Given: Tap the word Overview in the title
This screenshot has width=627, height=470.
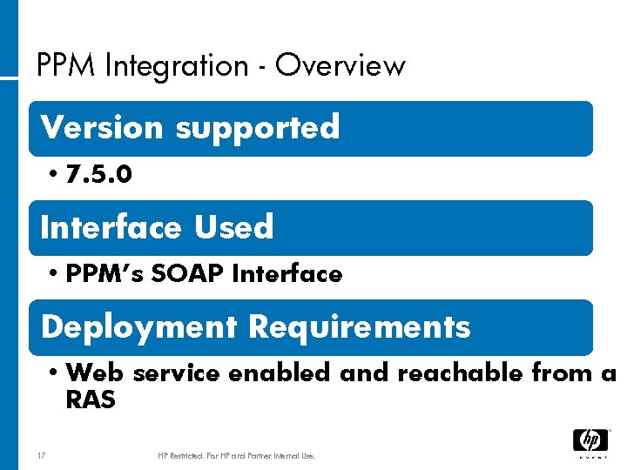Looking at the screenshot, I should pos(340,66).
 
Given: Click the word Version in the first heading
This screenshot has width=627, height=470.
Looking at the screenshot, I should pos(102,128).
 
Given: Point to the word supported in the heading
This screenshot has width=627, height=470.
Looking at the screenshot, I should pos(257,128).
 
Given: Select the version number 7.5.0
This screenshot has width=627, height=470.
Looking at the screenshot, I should pos(98,175).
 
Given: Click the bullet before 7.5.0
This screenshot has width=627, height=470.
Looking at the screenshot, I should pos(54,175).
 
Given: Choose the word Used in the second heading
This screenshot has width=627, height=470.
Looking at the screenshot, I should pos(233,228).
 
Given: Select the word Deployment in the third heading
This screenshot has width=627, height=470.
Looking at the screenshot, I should pos(138,327).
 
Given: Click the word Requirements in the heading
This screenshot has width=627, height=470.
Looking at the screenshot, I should pos(359,327).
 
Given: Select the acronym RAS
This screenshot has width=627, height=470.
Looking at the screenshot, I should pos(90,400).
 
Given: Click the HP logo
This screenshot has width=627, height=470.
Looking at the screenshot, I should pos(590,441).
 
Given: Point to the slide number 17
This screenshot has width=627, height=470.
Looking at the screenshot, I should pos(41,455).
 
